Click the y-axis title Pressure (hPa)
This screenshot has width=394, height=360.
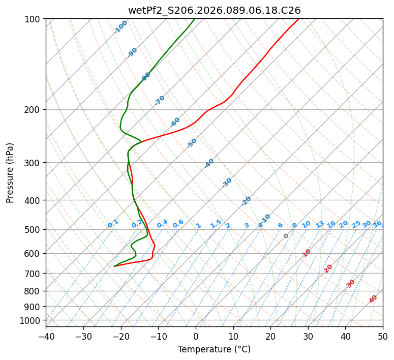(x=10, y=172)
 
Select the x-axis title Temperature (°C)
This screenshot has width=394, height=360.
(x=214, y=349)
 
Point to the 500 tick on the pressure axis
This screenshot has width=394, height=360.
(x=34, y=229)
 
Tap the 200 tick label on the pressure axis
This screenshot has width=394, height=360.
(x=34, y=109)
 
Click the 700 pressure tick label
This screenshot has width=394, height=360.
(x=34, y=274)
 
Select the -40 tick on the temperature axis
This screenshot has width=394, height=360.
(x=46, y=336)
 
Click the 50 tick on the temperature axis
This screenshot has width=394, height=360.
(x=383, y=336)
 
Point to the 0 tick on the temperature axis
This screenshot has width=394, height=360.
(x=196, y=336)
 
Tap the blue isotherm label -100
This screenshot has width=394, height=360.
(x=120, y=27)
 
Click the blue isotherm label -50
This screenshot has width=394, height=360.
(x=192, y=143)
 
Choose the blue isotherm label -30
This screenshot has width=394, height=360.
(x=227, y=183)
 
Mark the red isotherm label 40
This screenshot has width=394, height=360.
(x=373, y=299)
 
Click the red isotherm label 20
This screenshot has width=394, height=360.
(x=328, y=268)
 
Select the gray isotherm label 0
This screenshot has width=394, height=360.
(x=286, y=236)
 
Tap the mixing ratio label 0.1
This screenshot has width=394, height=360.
(x=113, y=223)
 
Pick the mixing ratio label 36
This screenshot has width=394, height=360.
(x=377, y=224)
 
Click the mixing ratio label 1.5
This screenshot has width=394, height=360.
(x=216, y=223)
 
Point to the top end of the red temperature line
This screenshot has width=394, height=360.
(x=298, y=19)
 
